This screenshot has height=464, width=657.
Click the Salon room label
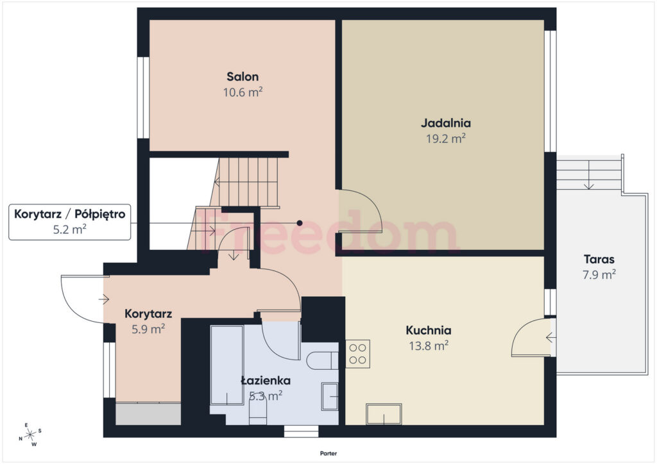(x=243, y=76)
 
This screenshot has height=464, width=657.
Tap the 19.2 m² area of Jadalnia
(x=446, y=138)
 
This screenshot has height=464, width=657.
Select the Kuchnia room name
(x=428, y=330)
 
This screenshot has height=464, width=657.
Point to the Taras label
(x=599, y=259)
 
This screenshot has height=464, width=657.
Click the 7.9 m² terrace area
(x=599, y=274)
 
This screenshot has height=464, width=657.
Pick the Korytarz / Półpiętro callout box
(x=69, y=222)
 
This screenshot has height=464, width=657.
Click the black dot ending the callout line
(x=300, y=223)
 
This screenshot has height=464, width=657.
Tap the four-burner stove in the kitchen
(x=358, y=354)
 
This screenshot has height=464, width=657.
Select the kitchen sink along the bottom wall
(x=384, y=414)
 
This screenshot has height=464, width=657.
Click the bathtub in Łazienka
(x=226, y=365)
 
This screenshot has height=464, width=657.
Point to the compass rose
(x=31, y=435)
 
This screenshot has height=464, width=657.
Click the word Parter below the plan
(x=328, y=453)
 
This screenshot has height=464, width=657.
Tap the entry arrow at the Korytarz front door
(x=104, y=299)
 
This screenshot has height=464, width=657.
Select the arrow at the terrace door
(x=551, y=337)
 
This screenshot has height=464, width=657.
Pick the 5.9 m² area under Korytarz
(x=148, y=329)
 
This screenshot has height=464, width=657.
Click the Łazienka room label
(x=266, y=381)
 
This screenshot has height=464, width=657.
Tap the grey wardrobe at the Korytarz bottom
(x=148, y=414)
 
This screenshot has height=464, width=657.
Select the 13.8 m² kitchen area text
(x=428, y=345)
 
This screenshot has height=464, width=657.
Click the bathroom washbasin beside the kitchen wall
(x=330, y=397)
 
